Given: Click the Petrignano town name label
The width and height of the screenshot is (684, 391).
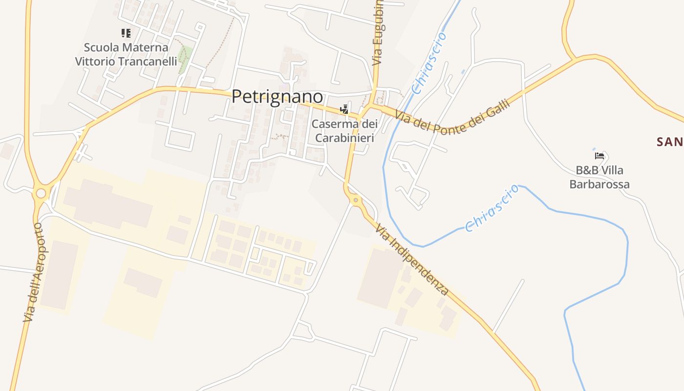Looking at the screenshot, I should pos(277,97).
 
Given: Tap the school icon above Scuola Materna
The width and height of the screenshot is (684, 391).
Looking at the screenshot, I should pos(126,33).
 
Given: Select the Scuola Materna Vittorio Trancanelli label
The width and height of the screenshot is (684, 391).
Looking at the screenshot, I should pos(126,54).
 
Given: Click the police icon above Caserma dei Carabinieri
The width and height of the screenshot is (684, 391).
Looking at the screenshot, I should pos(345,109).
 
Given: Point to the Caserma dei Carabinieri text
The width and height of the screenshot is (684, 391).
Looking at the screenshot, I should pos(344,131).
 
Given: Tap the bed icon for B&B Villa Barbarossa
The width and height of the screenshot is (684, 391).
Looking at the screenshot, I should pos(599,156).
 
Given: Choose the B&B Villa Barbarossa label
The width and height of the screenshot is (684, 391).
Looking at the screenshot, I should pos(599,177).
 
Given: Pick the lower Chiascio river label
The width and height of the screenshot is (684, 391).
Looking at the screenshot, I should pos(492,208).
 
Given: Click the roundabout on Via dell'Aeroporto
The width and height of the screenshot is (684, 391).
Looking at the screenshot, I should pos(41,194).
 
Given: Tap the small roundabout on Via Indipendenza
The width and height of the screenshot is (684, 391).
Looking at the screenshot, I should pos(356,199).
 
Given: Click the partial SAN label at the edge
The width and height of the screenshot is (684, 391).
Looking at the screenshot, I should pos(670,142).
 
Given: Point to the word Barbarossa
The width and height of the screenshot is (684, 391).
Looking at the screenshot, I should pos(599,185).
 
